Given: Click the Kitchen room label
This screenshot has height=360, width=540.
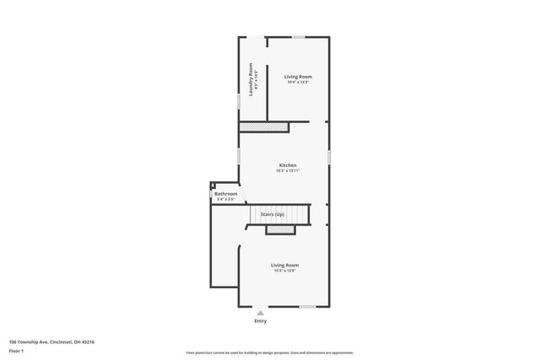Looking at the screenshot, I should (287, 164).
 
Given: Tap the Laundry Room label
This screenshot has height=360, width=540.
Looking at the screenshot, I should (251, 79).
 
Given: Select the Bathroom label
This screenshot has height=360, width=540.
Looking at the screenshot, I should (225, 194).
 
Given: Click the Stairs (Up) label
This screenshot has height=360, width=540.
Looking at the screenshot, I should (272, 215).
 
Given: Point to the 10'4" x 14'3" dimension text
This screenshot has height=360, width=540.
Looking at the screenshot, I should (298, 82).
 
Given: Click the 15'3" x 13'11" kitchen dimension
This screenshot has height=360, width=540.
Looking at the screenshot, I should (288, 170).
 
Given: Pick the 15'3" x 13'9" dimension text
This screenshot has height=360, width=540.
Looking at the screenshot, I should (285, 271).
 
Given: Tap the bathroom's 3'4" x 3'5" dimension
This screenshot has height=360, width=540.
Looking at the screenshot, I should (225, 199).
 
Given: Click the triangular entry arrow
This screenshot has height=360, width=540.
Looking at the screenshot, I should (260, 313).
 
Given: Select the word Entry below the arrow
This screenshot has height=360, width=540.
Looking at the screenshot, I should (260, 320).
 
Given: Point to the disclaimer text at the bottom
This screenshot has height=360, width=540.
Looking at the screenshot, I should (269, 352).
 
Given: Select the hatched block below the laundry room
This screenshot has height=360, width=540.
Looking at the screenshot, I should (264, 126).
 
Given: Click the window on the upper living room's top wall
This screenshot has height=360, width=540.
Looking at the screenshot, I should (298, 36).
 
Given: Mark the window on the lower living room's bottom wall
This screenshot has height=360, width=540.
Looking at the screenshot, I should (308, 306).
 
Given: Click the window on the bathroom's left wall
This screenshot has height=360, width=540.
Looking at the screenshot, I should (211, 196).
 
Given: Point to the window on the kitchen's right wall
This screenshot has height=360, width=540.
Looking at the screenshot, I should (328, 158).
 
